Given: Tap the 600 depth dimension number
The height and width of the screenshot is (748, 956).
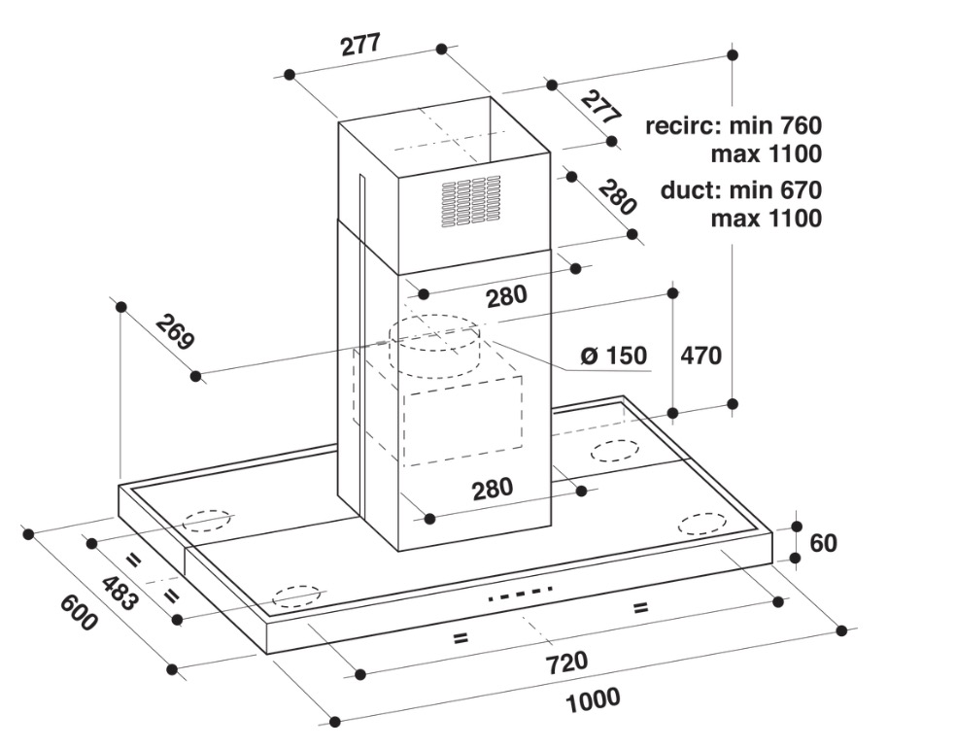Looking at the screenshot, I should click(79, 611).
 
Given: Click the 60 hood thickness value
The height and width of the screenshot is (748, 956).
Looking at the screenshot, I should click(823, 542).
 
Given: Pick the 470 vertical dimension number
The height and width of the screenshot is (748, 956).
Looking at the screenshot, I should click(700, 356).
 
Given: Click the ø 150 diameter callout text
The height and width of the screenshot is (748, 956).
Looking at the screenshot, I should click(614, 356).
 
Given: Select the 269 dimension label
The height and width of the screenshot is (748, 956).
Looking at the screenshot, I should click(175, 332).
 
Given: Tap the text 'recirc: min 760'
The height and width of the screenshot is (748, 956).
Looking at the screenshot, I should click(734, 126).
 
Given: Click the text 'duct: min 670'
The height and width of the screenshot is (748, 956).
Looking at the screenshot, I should click(740, 190).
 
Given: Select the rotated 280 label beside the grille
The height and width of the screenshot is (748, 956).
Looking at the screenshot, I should click(616, 197).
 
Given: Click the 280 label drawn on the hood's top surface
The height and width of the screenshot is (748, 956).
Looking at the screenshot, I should click(493, 489).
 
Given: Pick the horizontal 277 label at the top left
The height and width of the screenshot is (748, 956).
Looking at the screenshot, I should click(359, 46).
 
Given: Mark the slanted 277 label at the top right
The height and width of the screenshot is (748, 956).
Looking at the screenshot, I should click(600, 106).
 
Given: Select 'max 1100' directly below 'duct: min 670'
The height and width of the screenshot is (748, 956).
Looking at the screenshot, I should click(766, 219).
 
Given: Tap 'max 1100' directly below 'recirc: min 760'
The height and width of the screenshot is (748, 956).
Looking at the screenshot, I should click(766, 153).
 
